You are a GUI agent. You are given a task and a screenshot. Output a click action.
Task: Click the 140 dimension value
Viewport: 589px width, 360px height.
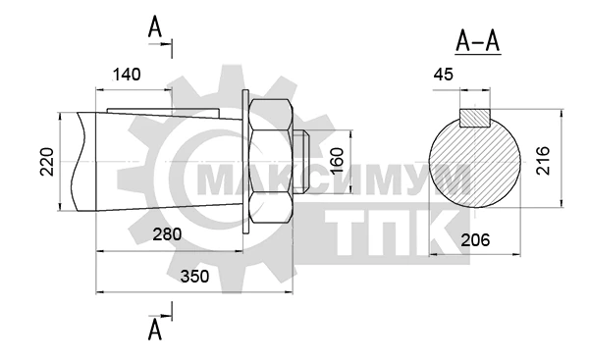[x=127, y=75]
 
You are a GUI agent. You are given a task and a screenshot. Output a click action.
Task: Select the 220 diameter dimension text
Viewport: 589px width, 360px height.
[x=47, y=162]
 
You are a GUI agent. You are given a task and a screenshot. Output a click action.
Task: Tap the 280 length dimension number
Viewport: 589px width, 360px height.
[x=167, y=234]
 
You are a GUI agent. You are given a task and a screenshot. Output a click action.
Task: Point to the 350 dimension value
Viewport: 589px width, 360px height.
[x=194, y=277]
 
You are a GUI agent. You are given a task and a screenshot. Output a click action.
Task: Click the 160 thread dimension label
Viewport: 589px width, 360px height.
[x=338, y=160]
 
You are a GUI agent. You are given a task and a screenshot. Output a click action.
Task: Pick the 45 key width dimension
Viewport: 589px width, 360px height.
[x=444, y=75]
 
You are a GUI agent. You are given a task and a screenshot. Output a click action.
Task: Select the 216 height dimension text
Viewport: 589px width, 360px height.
[x=543, y=160]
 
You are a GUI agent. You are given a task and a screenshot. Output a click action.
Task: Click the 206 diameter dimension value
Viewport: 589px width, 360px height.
[x=475, y=240]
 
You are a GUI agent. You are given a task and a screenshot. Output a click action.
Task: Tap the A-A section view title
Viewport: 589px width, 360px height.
[x=478, y=41]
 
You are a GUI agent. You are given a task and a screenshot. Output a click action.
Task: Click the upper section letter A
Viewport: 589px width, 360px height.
[x=155, y=27]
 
